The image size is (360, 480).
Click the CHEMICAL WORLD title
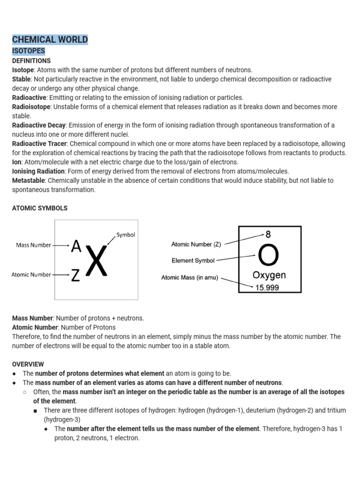pos(50,39)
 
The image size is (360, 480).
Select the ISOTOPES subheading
pos(29,51)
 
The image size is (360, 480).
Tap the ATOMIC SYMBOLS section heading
pos(39,208)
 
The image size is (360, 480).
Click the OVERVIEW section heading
pos(28,364)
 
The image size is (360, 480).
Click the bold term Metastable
pos(28,180)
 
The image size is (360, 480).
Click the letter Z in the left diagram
pos(75,276)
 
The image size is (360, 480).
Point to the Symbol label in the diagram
pos(126,235)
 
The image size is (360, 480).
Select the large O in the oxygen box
pos(269,256)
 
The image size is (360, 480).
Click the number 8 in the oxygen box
pos(268,234)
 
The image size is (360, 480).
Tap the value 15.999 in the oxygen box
pos(267,287)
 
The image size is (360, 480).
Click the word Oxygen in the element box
pos(269,275)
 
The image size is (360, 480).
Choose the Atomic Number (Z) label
pos(196,244)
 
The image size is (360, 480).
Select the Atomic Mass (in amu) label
pos(189,277)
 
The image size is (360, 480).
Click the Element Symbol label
pos(193,261)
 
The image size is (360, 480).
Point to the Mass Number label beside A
pos(33,245)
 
